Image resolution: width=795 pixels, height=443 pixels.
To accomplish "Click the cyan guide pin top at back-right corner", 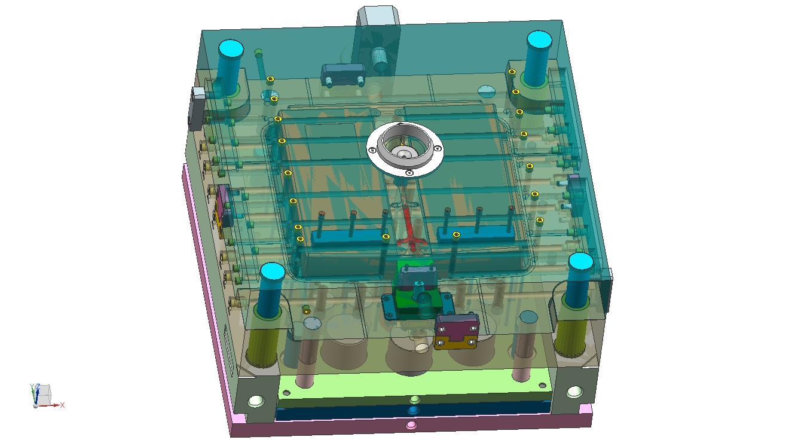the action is click(539, 39).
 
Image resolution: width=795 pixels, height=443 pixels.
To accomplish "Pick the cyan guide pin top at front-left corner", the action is click(273, 272).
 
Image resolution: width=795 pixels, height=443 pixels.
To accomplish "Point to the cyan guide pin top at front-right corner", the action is click(580, 262).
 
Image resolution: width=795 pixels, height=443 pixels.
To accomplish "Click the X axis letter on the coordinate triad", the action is click(62, 405).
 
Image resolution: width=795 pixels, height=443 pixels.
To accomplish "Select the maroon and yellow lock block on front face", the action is click(456, 331).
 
